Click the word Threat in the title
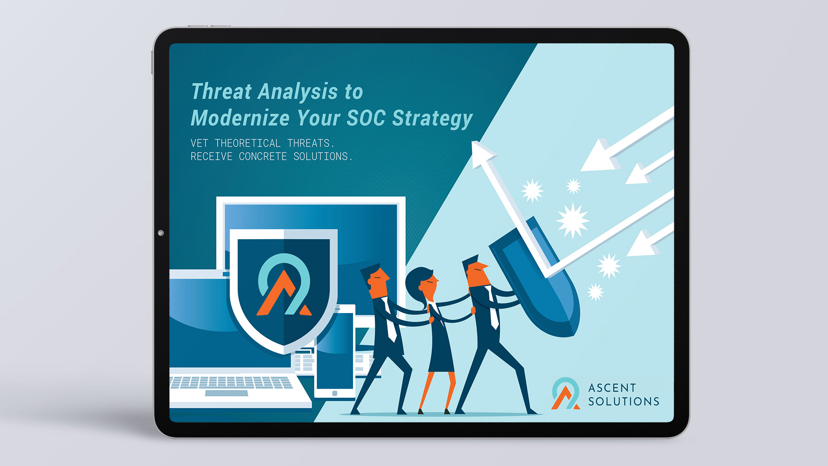click(x=222, y=91)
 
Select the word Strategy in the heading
click(x=432, y=119)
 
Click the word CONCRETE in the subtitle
click(x=263, y=156)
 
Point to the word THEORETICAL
click(x=248, y=143)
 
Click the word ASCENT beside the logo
click(x=612, y=388)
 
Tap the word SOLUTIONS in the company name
click(x=624, y=402)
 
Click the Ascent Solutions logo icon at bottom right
click(x=566, y=393)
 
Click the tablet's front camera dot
click(x=161, y=233)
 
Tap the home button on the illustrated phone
click(x=335, y=393)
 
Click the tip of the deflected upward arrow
click(x=473, y=143)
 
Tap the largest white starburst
click(x=573, y=220)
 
